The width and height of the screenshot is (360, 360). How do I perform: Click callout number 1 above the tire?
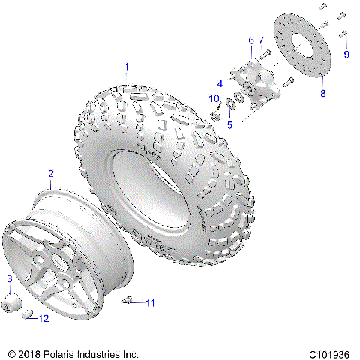point(127,67)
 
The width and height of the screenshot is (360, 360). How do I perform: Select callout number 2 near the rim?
point(50,174)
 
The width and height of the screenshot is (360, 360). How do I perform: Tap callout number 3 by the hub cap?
point(10,279)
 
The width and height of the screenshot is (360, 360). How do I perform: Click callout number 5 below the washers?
point(229,124)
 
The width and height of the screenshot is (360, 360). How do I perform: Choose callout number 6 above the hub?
point(250,40)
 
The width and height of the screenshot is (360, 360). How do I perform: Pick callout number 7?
point(261,40)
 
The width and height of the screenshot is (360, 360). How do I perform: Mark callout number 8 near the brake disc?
point(323,93)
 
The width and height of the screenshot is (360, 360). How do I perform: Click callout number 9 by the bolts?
point(346,55)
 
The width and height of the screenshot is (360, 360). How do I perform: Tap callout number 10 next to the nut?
point(213,99)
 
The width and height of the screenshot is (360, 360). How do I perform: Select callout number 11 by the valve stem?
point(150,303)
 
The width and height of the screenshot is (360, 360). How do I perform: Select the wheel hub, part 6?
point(253,82)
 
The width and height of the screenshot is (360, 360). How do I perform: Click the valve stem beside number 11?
point(130,301)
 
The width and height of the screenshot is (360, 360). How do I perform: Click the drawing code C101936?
point(327,352)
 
